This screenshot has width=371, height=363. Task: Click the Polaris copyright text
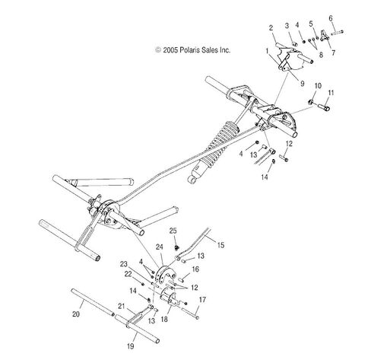click(x=193, y=50)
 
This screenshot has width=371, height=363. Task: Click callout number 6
click(x=331, y=18)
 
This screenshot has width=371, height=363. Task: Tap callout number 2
click(x=271, y=27)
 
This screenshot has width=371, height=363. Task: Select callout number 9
click(x=302, y=84)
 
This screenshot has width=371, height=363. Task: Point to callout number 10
click(x=318, y=86)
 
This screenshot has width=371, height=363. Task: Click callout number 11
click(x=331, y=93)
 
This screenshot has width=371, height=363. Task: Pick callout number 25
click(x=173, y=231)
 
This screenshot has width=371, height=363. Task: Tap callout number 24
click(x=160, y=247)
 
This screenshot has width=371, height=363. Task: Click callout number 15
click(x=220, y=245)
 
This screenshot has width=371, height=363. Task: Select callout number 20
click(x=76, y=314)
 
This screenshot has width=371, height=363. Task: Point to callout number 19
click(x=130, y=346)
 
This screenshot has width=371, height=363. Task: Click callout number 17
click(x=202, y=300)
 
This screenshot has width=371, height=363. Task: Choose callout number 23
click(x=124, y=264)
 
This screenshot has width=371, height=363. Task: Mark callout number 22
click(x=128, y=274)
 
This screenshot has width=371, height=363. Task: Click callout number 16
click(x=195, y=269)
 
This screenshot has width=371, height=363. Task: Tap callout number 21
click(x=122, y=306)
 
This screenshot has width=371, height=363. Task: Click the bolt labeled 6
click(x=337, y=33)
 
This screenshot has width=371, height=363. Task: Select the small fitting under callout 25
click(x=177, y=247)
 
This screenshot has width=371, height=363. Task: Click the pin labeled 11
click(x=324, y=107)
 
